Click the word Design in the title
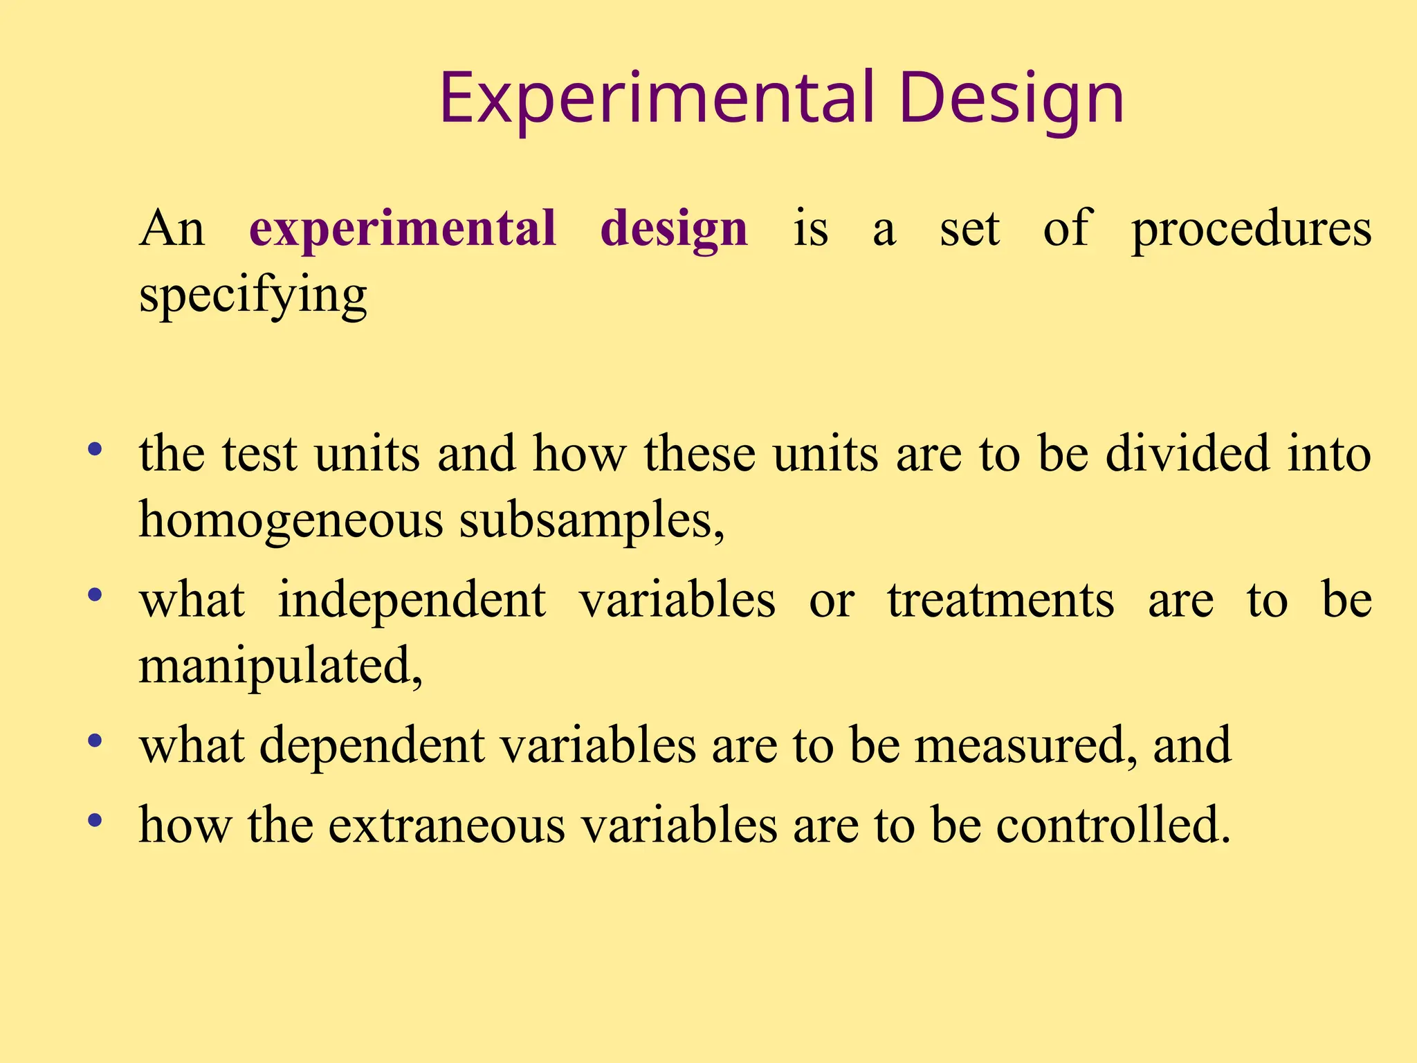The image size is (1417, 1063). pyautogui.click(x=1012, y=98)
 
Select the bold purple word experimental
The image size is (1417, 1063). pyautogui.click(x=403, y=228)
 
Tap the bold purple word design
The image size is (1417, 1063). pyautogui.click(x=674, y=230)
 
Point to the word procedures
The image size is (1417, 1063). pyautogui.click(x=1251, y=228)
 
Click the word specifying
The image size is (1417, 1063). pyautogui.click(x=253, y=296)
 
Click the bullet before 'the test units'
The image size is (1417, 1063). pyautogui.click(x=95, y=451)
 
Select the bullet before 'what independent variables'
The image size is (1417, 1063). pyautogui.click(x=95, y=595)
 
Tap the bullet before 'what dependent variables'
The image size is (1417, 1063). pyautogui.click(x=95, y=741)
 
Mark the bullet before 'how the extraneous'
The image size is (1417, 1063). pyautogui.click(x=95, y=821)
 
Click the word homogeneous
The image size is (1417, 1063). pyautogui.click(x=291, y=520)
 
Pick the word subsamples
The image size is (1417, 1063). pyautogui.click(x=592, y=520)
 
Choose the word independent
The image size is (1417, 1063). pyautogui.click(x=412, y=599)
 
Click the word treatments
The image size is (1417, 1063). pyautogui.click(x=1000, y=599)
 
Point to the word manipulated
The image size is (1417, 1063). pyautogui.click(x=280, y=666)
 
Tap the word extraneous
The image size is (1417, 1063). pyautogui.click(x=446, y=825)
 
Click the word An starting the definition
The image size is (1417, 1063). pyautogui.click(x=172, y=228)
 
